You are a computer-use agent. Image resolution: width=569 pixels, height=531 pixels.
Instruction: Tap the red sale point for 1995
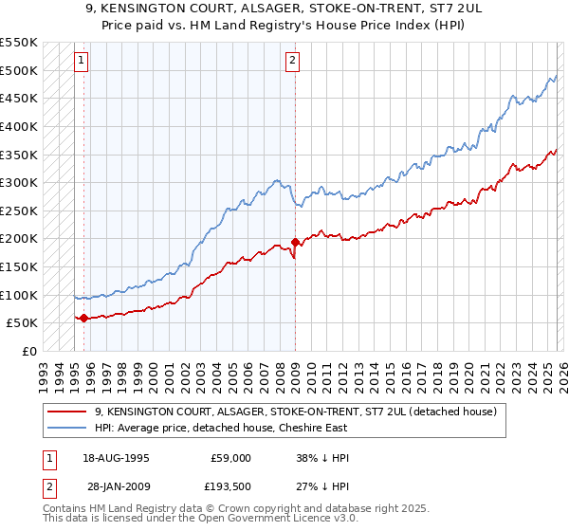coord(84,318)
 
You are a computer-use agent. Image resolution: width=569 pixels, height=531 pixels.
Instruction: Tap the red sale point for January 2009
coord(295,242)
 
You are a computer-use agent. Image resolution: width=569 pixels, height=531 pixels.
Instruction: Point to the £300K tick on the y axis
coord(20,182)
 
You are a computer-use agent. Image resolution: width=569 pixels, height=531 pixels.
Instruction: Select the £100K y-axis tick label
coord(20,295)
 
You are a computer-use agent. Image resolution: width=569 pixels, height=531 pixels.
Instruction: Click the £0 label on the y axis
coord(29,351)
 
